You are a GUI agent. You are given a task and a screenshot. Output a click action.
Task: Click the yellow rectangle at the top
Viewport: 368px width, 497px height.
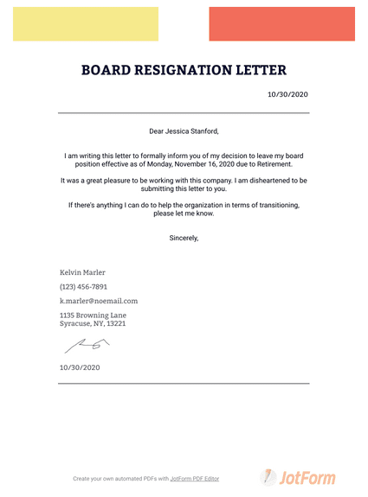tap(85, 24)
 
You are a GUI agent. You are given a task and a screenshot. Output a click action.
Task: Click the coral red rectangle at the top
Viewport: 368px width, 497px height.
tap(281, 24)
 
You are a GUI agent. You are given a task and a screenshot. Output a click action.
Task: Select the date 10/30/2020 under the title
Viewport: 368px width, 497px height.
tap(288, 94)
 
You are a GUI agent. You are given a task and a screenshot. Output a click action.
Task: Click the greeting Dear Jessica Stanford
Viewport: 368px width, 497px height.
tap(184, 131)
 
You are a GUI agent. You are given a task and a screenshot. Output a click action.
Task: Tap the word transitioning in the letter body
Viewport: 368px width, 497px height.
tap(271, 205)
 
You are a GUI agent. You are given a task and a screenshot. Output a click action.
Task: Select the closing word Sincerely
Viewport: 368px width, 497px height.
tap(184, 237)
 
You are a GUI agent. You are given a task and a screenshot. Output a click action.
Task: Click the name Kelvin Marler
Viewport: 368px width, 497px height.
tap(82, 272)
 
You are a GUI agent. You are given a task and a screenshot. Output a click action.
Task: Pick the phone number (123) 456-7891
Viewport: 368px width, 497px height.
tap(83, 286)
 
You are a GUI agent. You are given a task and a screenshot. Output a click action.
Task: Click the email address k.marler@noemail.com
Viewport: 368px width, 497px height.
tap(99, 301)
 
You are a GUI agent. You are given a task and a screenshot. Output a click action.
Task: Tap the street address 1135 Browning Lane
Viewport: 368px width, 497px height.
tap(93, 315)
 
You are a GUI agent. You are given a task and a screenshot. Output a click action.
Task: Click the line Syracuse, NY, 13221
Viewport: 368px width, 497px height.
tap(93, 324)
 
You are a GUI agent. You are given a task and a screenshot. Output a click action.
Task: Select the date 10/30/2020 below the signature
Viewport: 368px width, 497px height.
tap(80, 367)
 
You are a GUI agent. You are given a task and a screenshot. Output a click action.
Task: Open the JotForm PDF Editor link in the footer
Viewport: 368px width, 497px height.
tap(195, 478)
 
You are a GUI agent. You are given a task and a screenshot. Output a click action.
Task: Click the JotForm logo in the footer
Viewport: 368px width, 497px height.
tap(298, 477)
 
